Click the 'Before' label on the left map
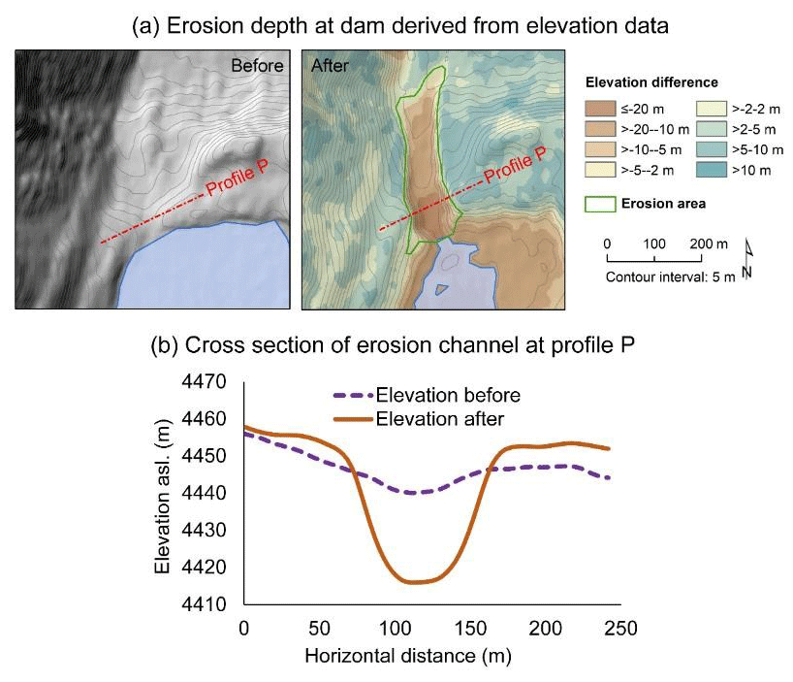pyautogui.click(x=257, y=67)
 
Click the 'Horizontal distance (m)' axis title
pyautogui.click(x=408, y=657)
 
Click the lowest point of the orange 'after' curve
pyautogui.click(x=415, y=582)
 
